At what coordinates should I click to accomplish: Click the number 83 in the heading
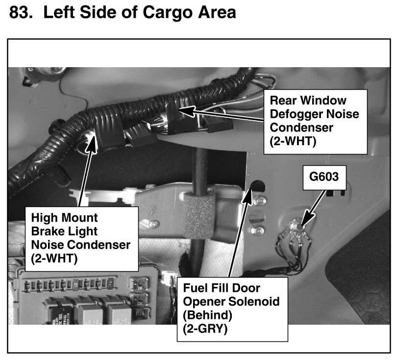tap(21, 13)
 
